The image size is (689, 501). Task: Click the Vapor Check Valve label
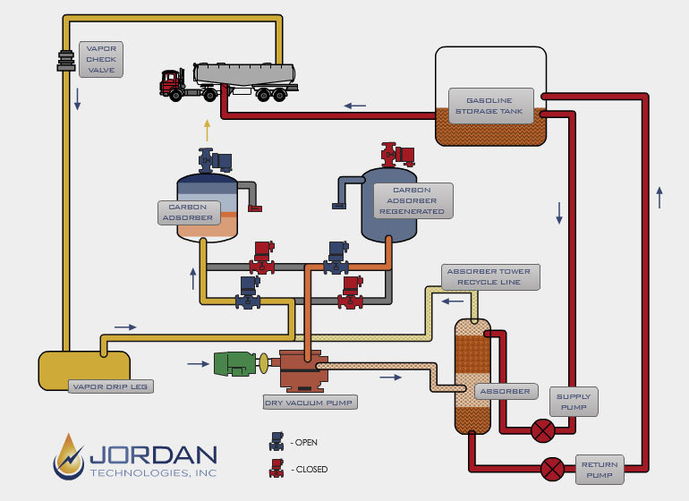pos(101,59)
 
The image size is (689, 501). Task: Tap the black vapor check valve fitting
pos(66,61)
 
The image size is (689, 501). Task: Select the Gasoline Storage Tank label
pos(491,106)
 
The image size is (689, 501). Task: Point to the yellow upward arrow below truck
pos(207,130)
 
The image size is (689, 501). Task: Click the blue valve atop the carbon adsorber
pos(215,160)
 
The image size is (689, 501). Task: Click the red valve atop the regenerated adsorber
pos(397,155)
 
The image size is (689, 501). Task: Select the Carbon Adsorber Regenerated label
pos(413,200)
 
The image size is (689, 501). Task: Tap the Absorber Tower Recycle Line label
pos(490,276)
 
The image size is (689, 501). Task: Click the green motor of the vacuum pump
pos(234,364)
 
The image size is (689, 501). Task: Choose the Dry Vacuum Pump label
pos(310,403)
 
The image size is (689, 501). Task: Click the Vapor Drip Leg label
pos(111,386)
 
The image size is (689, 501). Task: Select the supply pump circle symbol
pos(543,430)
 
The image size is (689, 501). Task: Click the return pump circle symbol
pos(553,469)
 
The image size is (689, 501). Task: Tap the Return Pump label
pos(600,470)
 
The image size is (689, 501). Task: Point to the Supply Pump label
pos(574,402)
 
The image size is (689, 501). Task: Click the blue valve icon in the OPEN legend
pos(276,442)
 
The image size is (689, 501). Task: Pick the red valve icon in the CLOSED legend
pos(276,469)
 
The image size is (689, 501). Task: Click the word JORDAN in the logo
pos(153,455)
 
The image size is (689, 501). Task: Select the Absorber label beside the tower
pos(506,391)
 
